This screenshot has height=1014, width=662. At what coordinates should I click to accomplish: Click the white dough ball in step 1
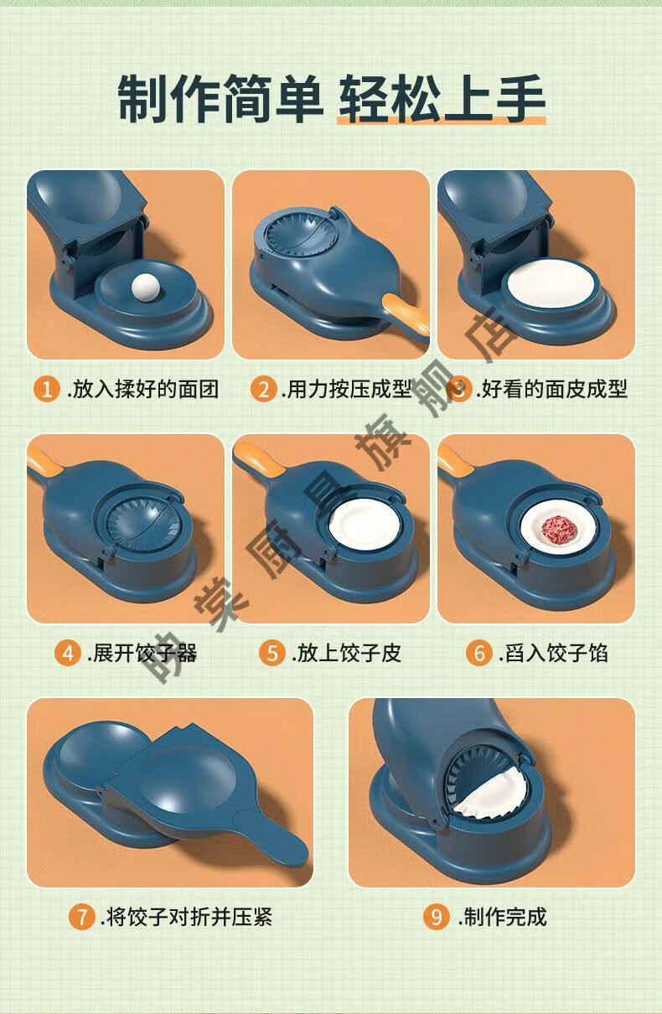click(x=145, y=287)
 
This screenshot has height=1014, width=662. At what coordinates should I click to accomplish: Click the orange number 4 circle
click(x=68, y=653)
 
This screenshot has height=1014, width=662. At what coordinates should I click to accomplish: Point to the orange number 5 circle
click(x=272, y=653)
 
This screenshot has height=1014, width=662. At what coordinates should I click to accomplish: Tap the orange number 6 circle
click(x=479, y=653)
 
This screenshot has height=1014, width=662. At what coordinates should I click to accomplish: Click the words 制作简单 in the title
click(x=220, y=99)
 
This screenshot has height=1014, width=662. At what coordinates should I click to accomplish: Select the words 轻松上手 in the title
click(x=442, y=99)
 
